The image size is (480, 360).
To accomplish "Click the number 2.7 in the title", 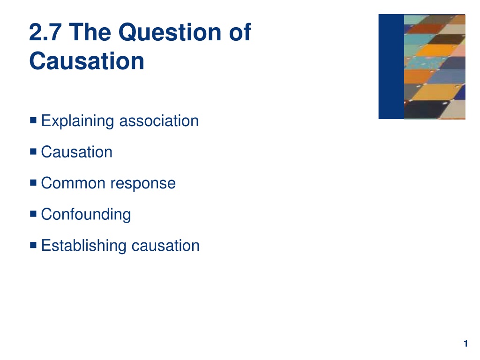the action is pyautogui.click(x=45, y=32).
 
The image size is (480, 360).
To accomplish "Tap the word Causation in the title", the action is pyautogui.click(x=87, y=61).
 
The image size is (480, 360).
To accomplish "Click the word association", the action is pyautogui.click(x=159, y=120).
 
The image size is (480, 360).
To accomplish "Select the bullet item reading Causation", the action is pyautogui.click(x=77, y=152).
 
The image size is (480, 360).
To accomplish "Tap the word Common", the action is pyautogui.click(x=73, y=183).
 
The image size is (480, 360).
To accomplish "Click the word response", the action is pyautogui.click(x=143, y=184).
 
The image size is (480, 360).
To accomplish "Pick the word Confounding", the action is pyautogui.click(x=86, y=214).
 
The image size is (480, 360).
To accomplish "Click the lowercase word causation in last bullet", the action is pyautogui.click(x=165, y=246).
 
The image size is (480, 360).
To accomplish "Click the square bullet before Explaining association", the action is pyautogui.click(x=33, y=120).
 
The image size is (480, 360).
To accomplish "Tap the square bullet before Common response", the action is pyautogui.click(x=33, y=182).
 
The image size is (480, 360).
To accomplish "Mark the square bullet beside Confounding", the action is pyautogui.click(x=33, y=213).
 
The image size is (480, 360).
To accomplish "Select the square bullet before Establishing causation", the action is pyautogui.click(x=33, y=245).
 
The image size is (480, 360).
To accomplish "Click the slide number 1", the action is pyautogui.click(x=465, y=344).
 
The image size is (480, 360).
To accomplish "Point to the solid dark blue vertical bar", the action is pyautogui.click(x=391, y=67).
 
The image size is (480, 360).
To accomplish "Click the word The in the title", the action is pyautogui.click(x=90, y=32).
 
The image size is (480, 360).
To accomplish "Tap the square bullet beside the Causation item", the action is pyautogui.click(x=33, y=151).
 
